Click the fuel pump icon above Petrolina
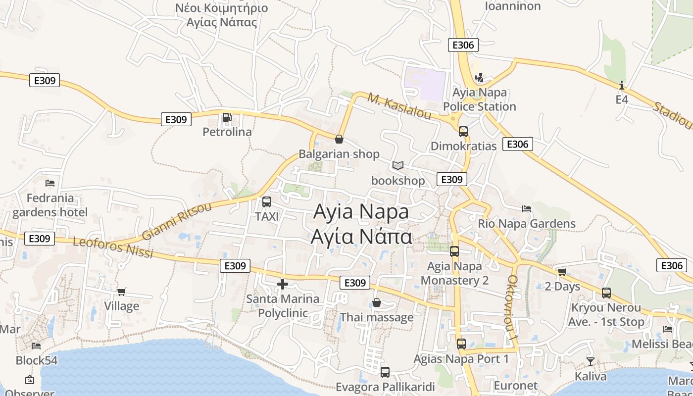[x=227, y=117]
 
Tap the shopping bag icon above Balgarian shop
[x=339, y=139]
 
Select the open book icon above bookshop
[x=398, y=165]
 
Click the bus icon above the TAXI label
[x=267, y=202]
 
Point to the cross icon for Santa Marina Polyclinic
[x=283, y=284]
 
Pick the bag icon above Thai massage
[x=377, y=302]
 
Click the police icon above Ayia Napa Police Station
[x=479, y=78]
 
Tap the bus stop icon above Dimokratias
[x=463, y=132]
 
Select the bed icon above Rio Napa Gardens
[x=527, y=209]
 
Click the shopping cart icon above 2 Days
[x=562, y=272]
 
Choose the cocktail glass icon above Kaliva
[x=591, y=361]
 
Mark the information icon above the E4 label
[x=622, y=85]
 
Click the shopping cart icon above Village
[x=121, y=292]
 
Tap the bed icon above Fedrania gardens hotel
[x=50, y=183]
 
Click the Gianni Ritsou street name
[x=177, y=221]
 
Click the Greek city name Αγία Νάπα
[x=361, y=236]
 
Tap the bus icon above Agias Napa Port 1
[x=461, y=344]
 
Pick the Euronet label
[x=515, y=385]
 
